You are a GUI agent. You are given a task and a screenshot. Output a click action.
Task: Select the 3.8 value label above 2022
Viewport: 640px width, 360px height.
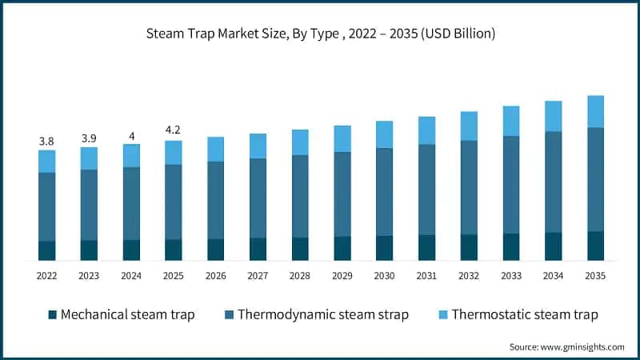46,142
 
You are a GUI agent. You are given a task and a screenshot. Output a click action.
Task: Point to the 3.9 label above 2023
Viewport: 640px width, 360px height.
89,138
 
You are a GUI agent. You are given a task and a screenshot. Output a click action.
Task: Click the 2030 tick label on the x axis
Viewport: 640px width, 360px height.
384,276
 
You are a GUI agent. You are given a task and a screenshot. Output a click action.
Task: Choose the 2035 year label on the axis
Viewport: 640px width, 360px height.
595,276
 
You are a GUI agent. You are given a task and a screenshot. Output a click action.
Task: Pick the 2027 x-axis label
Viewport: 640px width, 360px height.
258,276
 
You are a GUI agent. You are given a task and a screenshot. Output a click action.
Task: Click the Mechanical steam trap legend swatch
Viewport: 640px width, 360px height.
52,314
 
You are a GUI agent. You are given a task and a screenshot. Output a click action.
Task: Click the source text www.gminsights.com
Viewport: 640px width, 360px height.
566,346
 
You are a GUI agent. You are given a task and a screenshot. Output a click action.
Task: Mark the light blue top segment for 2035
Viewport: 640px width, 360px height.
595,111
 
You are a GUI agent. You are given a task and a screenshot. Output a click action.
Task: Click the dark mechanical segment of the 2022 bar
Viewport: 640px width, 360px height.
46,250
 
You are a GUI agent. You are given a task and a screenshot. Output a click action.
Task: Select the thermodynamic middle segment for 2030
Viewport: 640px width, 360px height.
384,191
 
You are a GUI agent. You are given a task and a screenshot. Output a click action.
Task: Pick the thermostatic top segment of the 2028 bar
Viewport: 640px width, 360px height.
300,142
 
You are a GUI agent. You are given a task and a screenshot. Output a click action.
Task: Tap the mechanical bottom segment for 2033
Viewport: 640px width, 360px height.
511,246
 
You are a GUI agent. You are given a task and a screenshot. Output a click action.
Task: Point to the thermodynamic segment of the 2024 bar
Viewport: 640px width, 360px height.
131,203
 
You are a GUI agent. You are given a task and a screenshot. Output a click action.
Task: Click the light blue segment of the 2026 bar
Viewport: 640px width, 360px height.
215,149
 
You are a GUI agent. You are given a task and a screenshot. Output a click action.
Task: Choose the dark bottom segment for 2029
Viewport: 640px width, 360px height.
342,248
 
